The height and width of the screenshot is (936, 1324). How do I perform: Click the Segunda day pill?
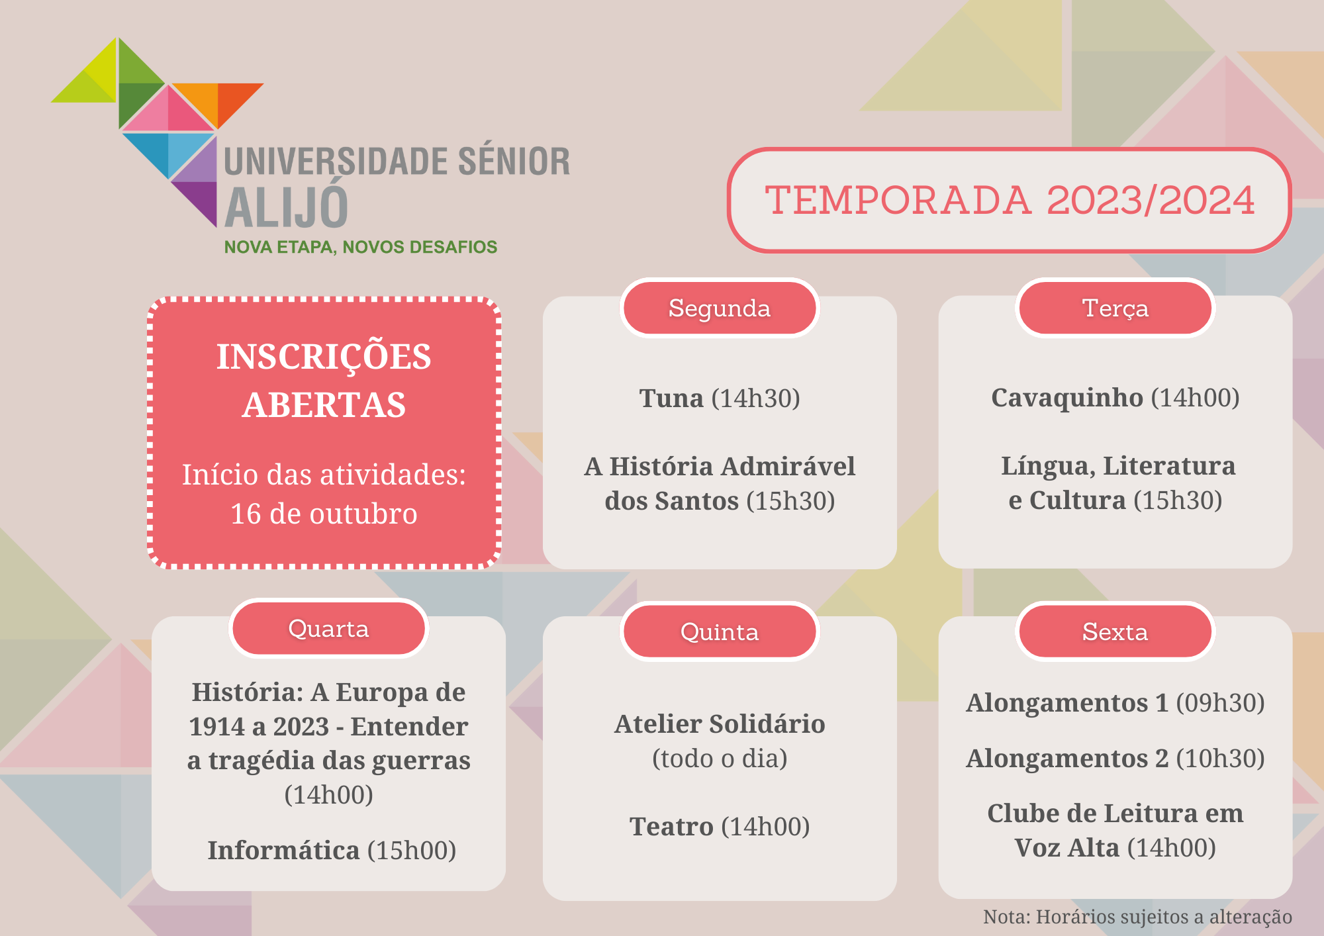(720, 308)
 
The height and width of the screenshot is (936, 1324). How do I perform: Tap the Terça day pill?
(1115, 308)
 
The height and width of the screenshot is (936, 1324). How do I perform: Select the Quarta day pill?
(329, 628)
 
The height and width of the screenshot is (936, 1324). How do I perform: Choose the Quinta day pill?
(720, 632)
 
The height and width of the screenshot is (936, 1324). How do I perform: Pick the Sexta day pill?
(1115, 632)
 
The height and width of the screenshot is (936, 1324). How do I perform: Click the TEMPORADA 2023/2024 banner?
(1010, 200)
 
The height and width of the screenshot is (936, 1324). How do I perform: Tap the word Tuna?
(671, 398)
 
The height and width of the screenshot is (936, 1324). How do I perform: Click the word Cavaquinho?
(1067, 398)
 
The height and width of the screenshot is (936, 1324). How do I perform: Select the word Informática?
(283, 850)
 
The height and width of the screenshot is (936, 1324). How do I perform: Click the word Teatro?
(671, 826)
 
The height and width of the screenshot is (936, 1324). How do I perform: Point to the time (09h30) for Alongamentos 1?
(1220, 703)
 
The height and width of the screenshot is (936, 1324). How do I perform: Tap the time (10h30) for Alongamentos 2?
(1220, 759)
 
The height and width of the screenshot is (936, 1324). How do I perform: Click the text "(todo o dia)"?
(720, 759)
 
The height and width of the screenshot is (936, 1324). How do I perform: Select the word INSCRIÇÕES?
(324, 357)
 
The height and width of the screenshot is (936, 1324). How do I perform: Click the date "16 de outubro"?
(324, 514)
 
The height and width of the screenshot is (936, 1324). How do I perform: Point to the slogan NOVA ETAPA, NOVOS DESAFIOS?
(361, 248)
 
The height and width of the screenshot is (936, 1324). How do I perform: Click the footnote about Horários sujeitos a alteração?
(1137, 917)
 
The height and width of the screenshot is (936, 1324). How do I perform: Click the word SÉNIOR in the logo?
(514, 162)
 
